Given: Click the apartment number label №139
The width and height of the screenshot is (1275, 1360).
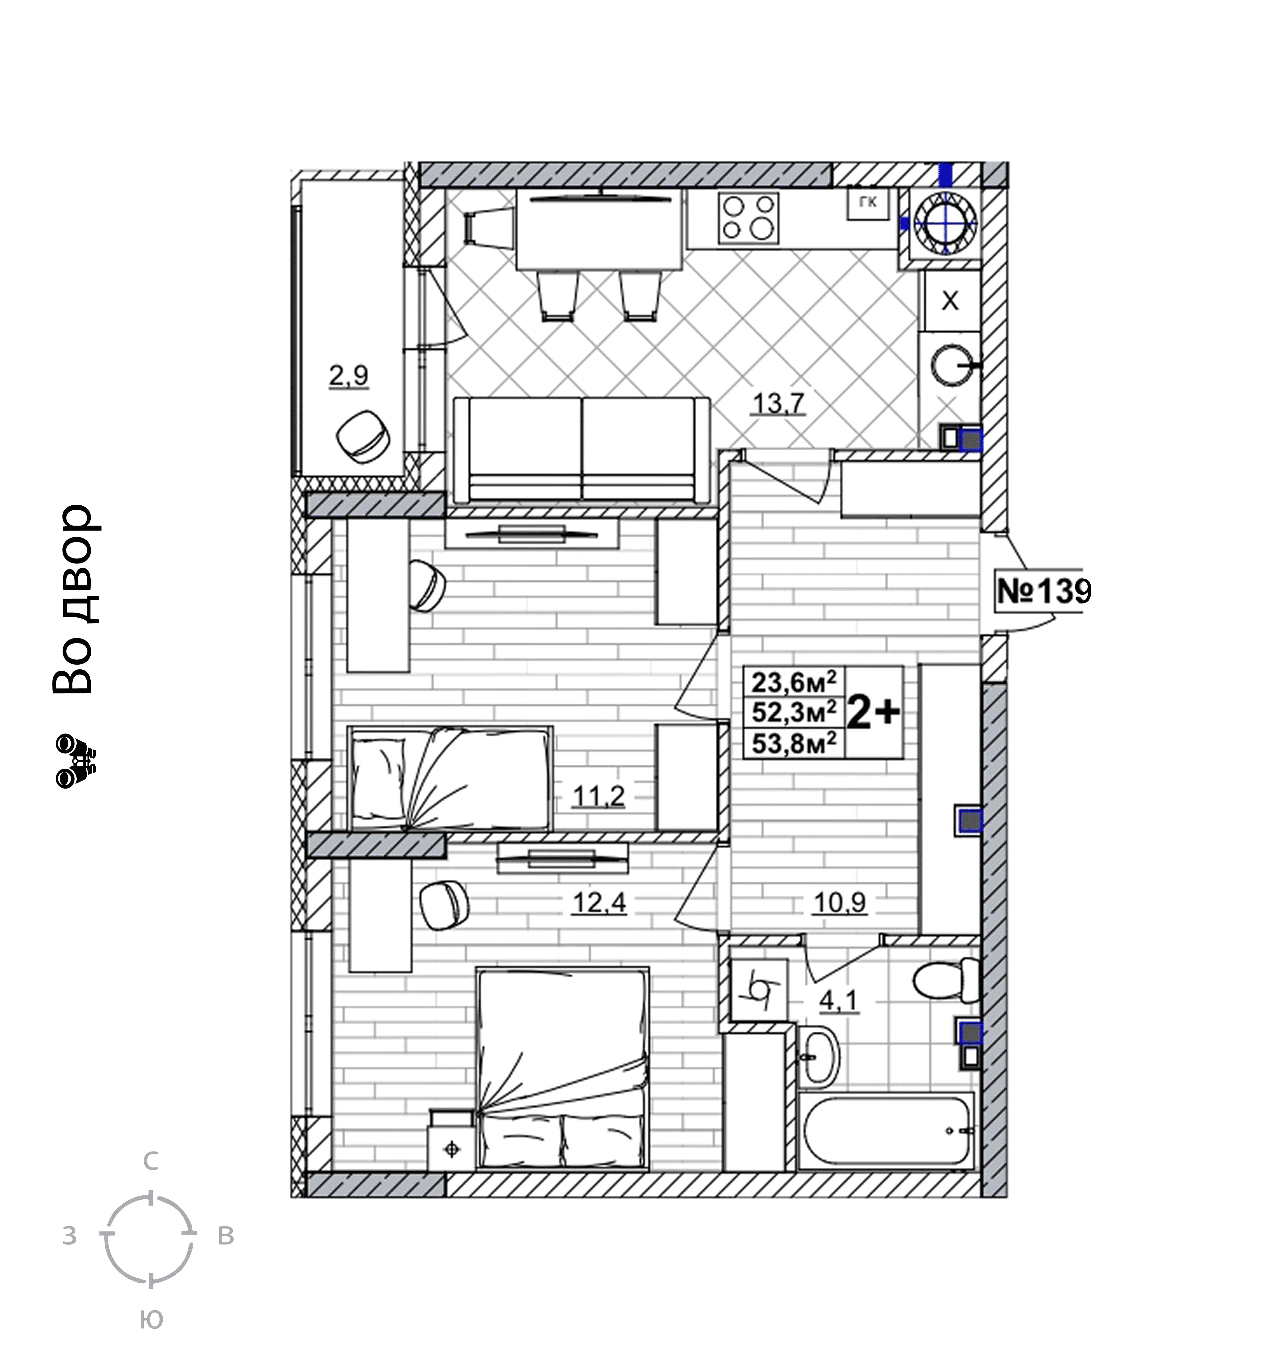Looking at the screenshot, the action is (x=1044, y=590).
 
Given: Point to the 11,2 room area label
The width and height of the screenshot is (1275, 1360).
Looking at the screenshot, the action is (x=599, y=796).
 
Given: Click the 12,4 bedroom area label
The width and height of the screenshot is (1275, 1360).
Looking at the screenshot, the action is (x=599, y=903).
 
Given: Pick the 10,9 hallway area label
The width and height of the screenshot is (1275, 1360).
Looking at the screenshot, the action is (x=840, y=903).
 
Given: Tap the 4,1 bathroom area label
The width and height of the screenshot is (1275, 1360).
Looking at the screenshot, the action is (x=838, y=1001).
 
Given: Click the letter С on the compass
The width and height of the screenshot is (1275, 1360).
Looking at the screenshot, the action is (x=150, y=1161).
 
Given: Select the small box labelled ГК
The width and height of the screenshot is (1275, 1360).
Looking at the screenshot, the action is (x=868, y=203).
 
